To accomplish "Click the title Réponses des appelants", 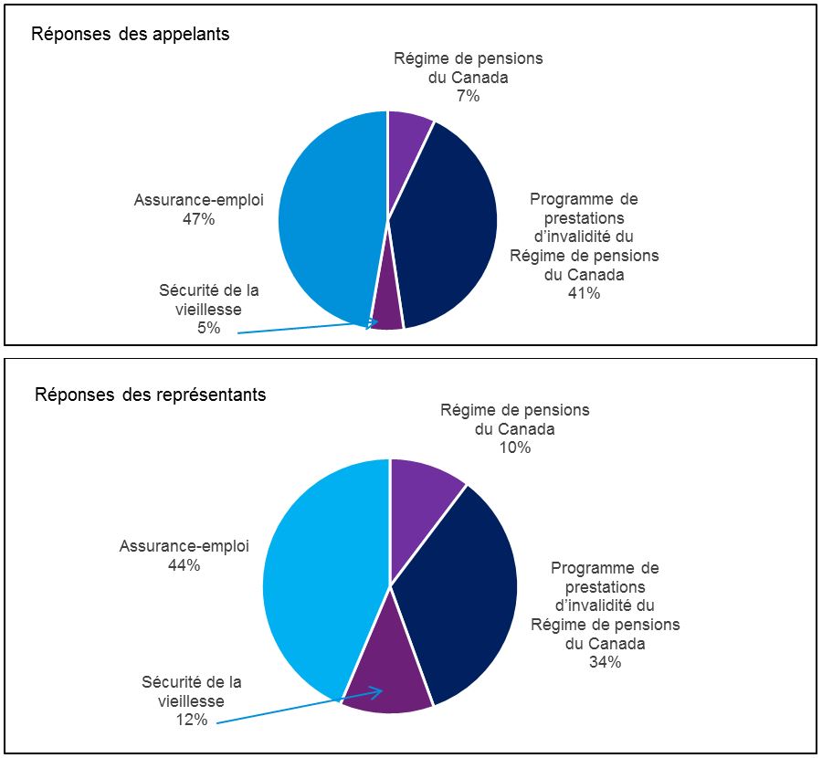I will pos(131,35).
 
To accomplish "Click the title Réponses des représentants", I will pos(151,395).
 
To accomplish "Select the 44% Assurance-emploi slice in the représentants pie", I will pos(315,584).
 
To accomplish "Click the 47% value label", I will pos(198,219).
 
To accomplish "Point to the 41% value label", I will pos(584,293).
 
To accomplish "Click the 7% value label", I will pos(468,96).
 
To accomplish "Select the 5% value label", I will pos(208,328).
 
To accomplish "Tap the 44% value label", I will pos(184,565).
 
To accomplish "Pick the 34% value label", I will pos(605,662).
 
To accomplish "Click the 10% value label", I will pos(514,447).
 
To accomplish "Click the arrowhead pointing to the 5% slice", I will pos(374,322).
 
